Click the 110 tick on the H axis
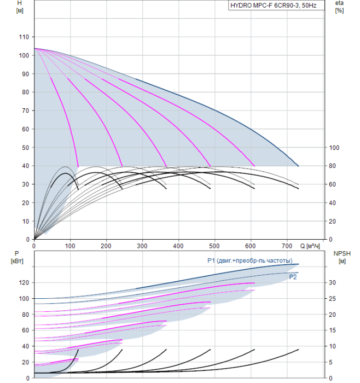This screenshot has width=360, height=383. tap(23, 37)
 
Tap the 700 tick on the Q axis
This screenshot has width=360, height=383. tap(287, 246)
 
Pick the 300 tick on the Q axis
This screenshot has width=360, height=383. tap(143, 246)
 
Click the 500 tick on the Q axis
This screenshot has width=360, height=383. tap(215, 246)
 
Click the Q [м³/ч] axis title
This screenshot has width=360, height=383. tap(311, 246)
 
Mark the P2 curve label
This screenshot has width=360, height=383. tap(293, 277)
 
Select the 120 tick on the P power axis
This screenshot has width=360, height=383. tap(23, 283)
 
